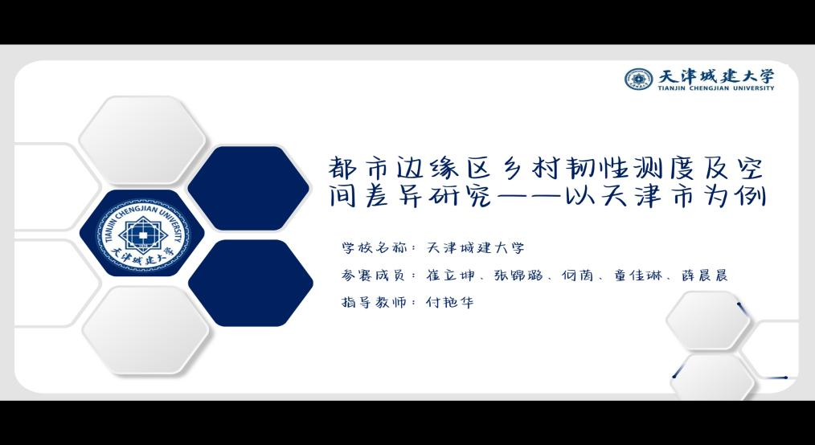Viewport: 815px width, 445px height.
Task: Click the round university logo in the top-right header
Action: coord(639,79)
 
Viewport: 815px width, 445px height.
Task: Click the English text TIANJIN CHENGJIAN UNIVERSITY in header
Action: coord(715,88)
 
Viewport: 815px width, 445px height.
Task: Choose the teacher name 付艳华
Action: coord(450,302)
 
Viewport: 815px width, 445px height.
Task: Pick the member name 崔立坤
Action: coord(450,276)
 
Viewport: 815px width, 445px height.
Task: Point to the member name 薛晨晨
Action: coord(704,276)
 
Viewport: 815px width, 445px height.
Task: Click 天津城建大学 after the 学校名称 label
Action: coord(475,247)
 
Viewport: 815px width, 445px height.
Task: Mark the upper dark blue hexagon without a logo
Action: coord(248,188)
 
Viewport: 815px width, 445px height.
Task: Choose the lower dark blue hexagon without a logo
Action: coord(251,283)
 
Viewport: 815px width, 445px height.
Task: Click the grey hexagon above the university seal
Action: coord(142,141)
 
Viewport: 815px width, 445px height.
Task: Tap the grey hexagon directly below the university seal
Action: coord(146,330)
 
